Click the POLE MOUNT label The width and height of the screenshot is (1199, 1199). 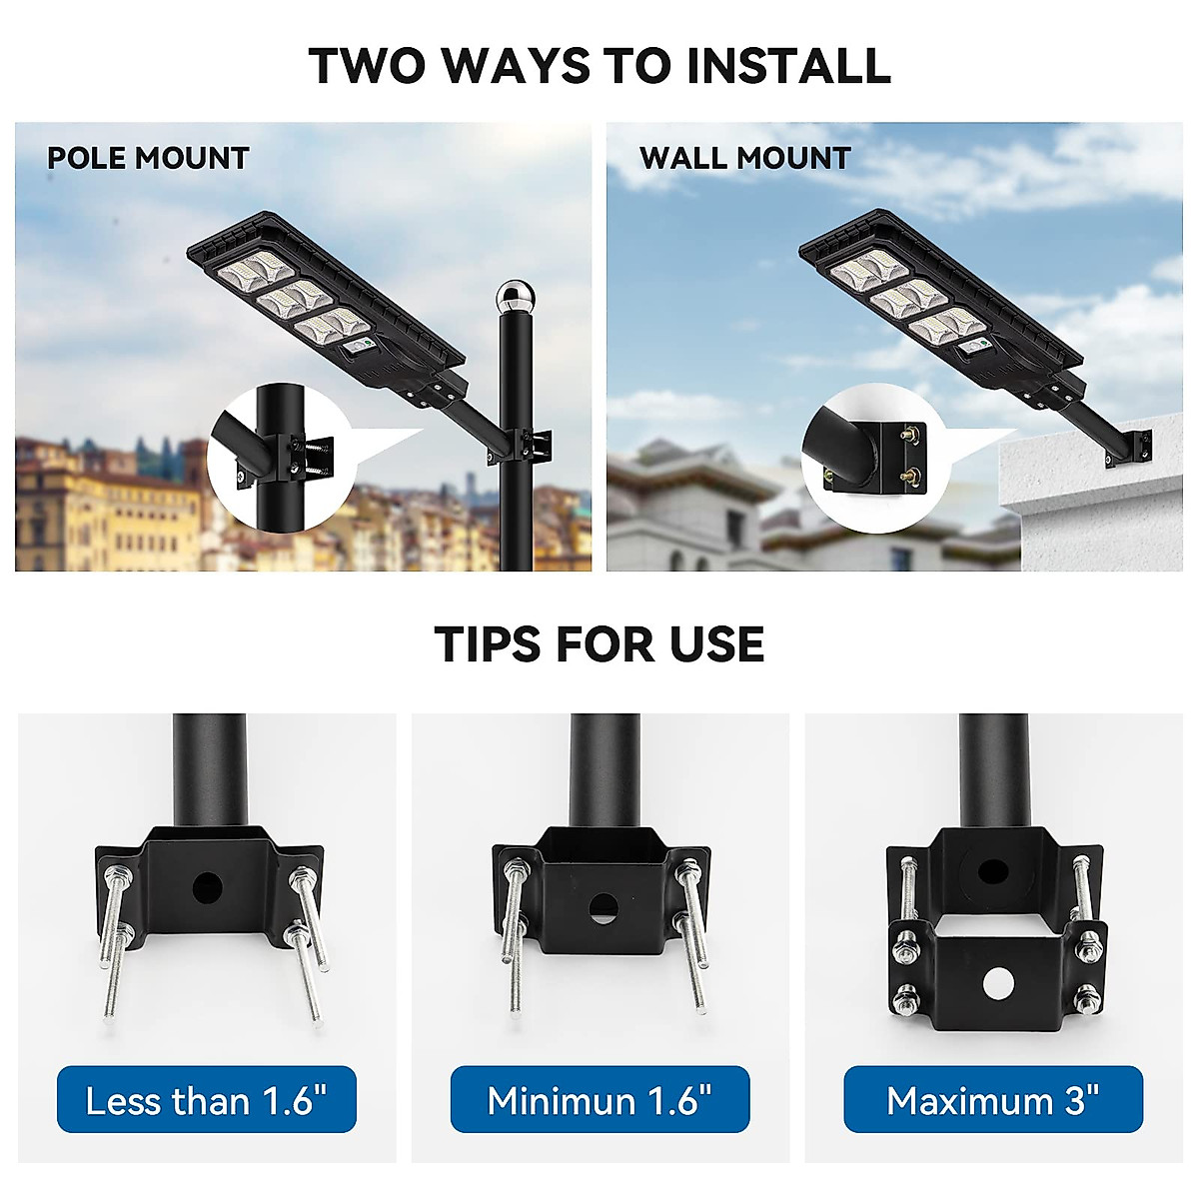click(148, 158)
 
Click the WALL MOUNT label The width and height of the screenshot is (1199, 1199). click(744, 158)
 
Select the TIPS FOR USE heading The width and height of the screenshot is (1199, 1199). click(599, 644)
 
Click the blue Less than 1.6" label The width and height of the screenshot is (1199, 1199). click(207, 1100)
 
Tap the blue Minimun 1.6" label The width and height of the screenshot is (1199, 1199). click(599, 1100)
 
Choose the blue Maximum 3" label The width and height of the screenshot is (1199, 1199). click(992, 1100)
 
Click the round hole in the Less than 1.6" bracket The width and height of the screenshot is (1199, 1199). click(208, 885)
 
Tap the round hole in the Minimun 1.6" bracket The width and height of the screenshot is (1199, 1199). click(601, 908)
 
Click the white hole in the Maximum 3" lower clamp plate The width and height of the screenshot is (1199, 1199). click(996, 982)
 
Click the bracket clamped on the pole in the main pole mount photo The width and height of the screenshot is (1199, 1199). click(528, 445)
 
